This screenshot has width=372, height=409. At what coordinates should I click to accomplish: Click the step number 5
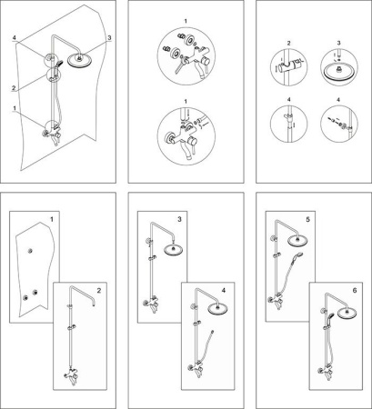click(x=307, y=219)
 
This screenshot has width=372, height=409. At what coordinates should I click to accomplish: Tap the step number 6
click(x=355, y=290)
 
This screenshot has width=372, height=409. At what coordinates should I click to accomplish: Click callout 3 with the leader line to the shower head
click(x=109, y=37)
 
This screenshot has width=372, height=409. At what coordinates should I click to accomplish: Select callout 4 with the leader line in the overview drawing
click(x=15, y=37)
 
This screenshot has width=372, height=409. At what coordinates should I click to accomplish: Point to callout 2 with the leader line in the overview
click(x=14, y=88)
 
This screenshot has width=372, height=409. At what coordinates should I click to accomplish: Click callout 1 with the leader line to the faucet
click(x=15, y=108)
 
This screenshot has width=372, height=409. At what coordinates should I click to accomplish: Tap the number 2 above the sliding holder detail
click(x=288, y=44)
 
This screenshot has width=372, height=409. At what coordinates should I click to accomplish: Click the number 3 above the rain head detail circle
click(x=338, y=43)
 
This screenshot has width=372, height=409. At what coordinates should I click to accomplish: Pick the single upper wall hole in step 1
click(x=30, y=251)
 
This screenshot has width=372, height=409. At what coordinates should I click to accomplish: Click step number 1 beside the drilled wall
click(x=52, y=219)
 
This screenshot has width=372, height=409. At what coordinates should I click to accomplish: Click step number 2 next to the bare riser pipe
click(x=99, y=291)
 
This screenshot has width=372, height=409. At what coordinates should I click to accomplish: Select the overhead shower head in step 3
click(x=174, y=250)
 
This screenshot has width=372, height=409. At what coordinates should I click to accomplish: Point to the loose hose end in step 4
click(x=213, y=331)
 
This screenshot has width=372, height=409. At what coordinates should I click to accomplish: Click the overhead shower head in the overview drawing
click(x=79, y=60)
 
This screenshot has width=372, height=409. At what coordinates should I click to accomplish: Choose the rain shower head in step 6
click(x=347, y=313)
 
